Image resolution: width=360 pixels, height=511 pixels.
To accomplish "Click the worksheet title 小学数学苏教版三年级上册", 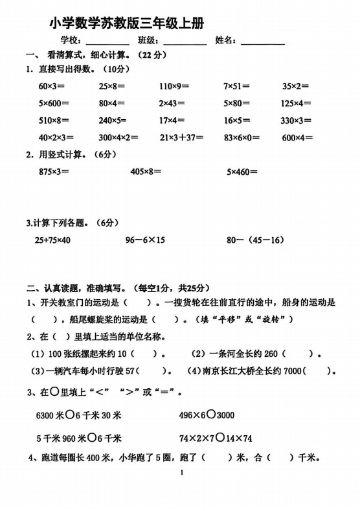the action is (x=126, y=24).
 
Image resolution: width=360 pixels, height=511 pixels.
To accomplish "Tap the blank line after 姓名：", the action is (x=262, y=43).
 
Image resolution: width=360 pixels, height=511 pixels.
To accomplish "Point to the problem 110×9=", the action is (x=174, y=86).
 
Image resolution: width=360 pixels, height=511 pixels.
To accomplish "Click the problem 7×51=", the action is (x=236, y=86).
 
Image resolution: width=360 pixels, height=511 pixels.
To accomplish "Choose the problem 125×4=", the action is (x=296, y=103).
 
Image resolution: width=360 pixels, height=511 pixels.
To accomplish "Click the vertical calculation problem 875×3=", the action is (x=54, y=172).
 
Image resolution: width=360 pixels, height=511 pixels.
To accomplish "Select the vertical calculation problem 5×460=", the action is (x=242, y=172).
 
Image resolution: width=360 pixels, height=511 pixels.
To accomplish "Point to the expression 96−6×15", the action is (x=145, y=240).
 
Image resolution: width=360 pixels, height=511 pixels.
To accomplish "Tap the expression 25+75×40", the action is (x=52, y=240).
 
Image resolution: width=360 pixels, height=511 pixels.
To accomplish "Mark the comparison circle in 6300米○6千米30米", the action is (x=76, y=415).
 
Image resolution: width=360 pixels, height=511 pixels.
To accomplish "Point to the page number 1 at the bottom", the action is (x=182, y=473).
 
